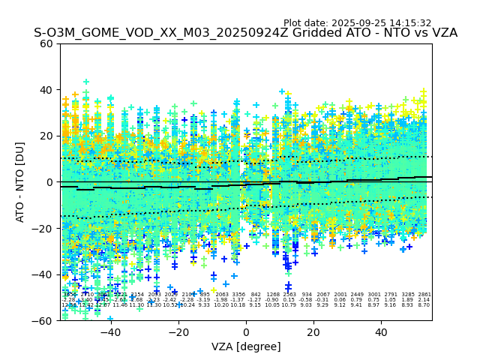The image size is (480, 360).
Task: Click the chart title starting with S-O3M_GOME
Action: point(245,34)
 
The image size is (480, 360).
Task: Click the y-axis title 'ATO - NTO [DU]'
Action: point(21,181)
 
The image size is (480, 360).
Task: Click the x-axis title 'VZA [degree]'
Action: point(246,346)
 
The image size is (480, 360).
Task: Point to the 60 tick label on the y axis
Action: point(46,43)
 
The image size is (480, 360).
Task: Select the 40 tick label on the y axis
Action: point(46,90)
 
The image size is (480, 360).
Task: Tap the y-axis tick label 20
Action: point(46,136)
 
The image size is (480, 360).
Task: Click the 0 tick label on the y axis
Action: point(49,182)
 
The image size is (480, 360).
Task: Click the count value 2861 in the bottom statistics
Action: point(424,295)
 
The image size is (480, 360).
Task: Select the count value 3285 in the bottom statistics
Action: point(408,295)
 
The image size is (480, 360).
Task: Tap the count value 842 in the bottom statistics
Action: point(256,295)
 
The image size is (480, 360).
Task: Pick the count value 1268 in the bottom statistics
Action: point(273,295)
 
